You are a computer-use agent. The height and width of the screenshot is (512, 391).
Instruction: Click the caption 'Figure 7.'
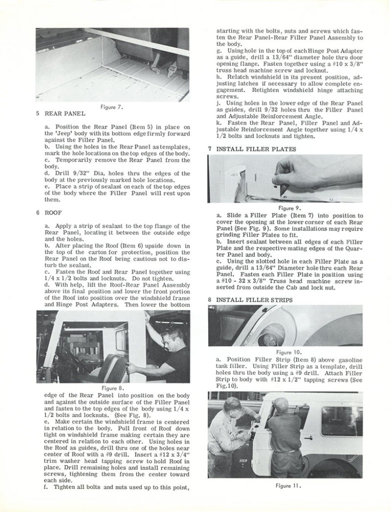pyautogui.click(x=112, y=106)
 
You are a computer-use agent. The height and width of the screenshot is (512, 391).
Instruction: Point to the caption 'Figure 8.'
pyautogui.click(x=112, y=387)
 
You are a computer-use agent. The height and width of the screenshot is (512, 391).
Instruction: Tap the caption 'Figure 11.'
pyautogui.click(x=286, y=485)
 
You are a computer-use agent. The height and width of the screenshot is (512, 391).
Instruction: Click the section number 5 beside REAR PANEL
pyautogui.click(x=37, y=114)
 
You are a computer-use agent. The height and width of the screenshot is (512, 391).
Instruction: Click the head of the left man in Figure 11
pyautogui.click(x=232, y=404)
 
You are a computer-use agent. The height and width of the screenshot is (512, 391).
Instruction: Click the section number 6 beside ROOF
pyautogui.click(x=37, y=212)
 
